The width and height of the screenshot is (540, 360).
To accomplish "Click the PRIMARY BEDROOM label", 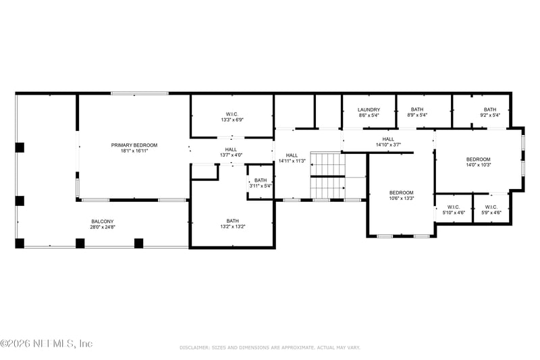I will [x=134, y=145].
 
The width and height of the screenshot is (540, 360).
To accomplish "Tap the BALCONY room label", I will [x=103, y=222].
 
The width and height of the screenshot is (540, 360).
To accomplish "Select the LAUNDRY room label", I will [x=369, y=109].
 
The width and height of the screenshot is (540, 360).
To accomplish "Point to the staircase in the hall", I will [x=327, y=176].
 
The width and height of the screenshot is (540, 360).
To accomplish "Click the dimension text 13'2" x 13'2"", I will [x=232, y=227].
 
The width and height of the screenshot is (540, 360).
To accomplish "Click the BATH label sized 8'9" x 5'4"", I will [x=417, y=109].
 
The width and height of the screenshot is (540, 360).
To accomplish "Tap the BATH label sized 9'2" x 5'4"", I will [x=489, y=109].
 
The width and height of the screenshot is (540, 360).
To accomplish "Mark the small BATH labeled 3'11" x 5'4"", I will [x=260, y=180].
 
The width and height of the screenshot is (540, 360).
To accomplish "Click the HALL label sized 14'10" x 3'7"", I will [x=388, y=138].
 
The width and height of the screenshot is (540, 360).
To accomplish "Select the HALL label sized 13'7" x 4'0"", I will [x=231, y=149].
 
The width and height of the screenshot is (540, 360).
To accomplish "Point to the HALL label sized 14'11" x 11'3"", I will [x=292, y=155].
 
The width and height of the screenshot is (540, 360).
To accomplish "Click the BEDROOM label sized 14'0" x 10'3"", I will [x=478, y=159].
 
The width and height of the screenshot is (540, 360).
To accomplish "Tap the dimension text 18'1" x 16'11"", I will [x=134, y=151].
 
